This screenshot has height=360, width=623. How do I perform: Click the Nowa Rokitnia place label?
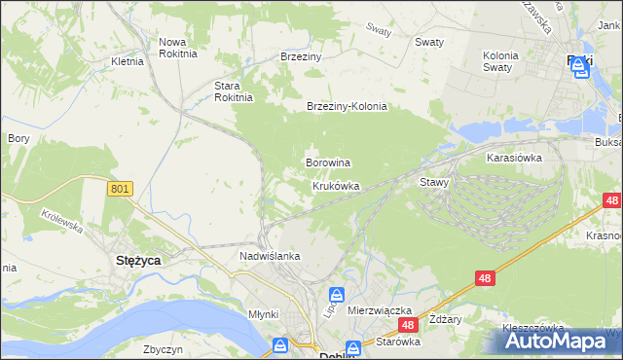(178, 48)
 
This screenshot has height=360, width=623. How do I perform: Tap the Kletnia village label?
(128, 60)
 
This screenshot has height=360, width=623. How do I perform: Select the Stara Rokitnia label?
(234, 90)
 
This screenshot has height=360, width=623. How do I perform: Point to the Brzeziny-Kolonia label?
(347, 107)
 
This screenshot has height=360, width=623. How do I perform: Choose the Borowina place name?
(328, 162)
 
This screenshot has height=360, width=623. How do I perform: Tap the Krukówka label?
(336, 185)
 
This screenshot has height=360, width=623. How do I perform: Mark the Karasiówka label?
(514, 156)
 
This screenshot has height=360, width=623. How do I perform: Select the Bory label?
(18, 138)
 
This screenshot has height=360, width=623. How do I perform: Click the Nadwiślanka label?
(270, 256)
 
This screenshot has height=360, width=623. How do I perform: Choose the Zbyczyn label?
(163, 348)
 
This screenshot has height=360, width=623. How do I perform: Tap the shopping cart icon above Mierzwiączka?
(336, 294)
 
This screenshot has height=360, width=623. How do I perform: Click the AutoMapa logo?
(561, 341)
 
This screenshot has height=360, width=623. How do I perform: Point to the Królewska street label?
(60, 218)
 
